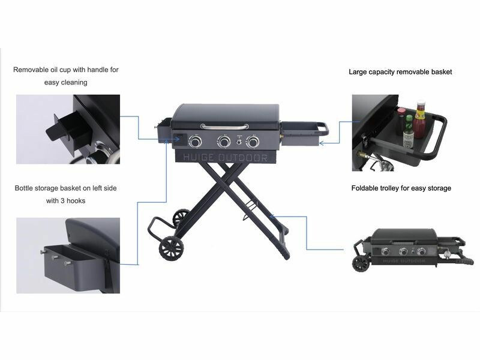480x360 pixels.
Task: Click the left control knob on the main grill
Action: click(x=196, y=142)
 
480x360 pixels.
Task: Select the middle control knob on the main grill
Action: click(x=224, y=142)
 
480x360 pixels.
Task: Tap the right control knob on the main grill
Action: click(x=253, y=142)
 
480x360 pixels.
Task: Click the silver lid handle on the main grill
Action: click(x=224, y=127)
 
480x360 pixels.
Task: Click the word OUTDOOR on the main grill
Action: click(x=243, y=158)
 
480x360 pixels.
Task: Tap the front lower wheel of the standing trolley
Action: click(x=172, y=248)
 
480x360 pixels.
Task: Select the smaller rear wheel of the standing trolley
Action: click(x=181, y=218)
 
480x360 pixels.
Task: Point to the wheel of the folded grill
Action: click(x=362, y=263)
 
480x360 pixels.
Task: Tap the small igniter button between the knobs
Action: click(x=239, y=142)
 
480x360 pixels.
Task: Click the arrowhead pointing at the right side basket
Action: click(x=322, y=143)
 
